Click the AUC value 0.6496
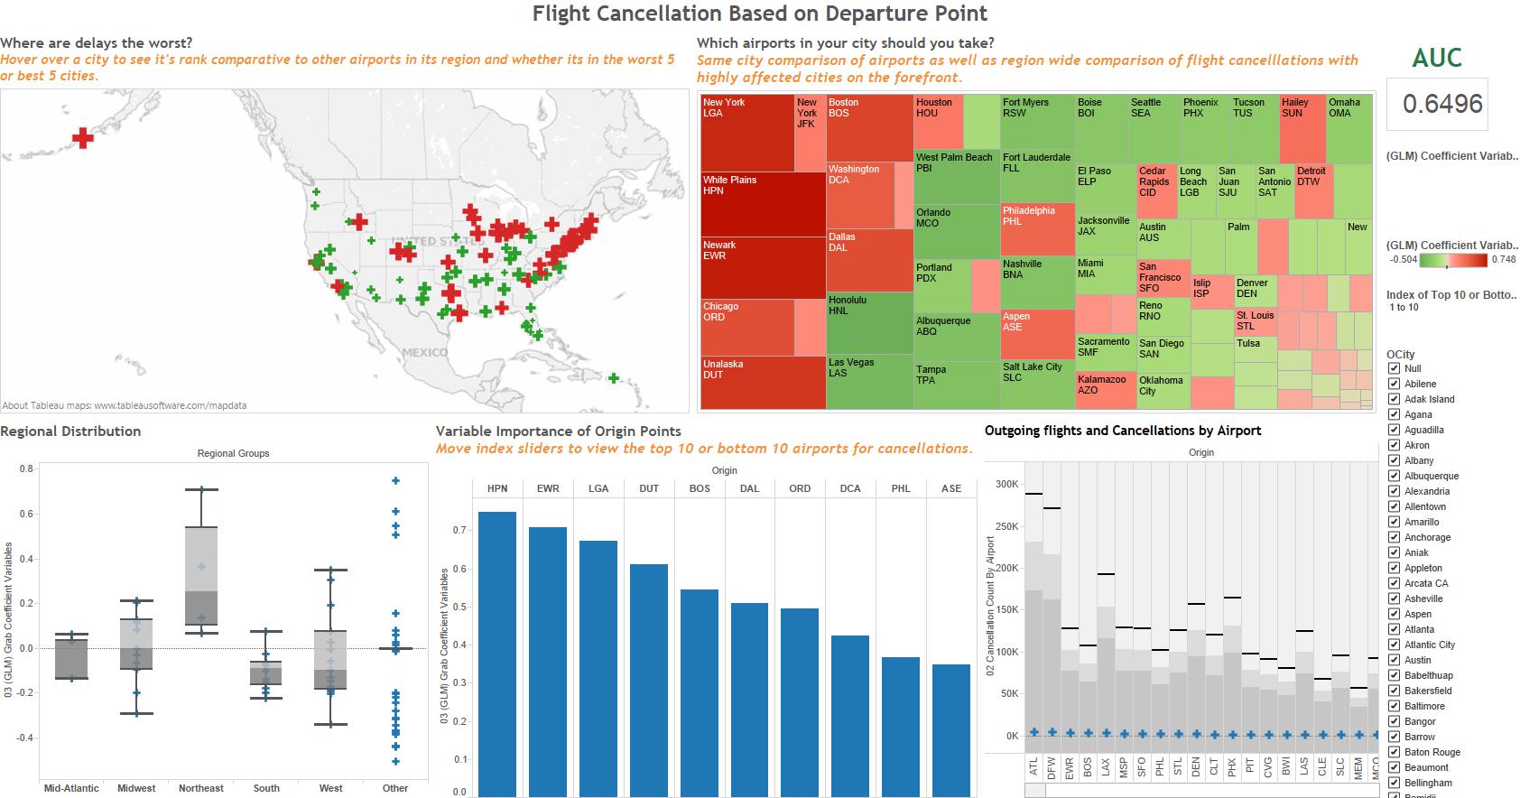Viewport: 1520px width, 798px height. point(1441,104)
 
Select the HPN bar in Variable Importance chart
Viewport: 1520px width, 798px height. point(497,650)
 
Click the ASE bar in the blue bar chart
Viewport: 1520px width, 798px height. point(951,727)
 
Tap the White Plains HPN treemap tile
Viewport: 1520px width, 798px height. point(763,204)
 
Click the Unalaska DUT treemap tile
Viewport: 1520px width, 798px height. point(763,383)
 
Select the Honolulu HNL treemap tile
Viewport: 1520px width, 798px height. point(869,322)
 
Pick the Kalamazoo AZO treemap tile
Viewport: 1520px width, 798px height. point(1105,390)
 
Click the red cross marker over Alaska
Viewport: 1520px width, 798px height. point(83,138)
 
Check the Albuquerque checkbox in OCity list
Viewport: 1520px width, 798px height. point(1395,476)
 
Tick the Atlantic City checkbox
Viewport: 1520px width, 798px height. point(1395,645)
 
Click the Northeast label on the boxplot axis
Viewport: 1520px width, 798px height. point(200,788)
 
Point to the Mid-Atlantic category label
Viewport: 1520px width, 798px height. point(71,788)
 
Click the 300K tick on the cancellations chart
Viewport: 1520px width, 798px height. point(1006,484)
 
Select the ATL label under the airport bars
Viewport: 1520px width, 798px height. point(1033,766)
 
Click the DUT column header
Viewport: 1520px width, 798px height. point(649,488)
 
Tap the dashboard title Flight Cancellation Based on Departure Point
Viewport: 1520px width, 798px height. point(759,14)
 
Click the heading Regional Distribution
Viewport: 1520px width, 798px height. point(70,431)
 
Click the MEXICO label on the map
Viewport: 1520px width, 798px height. point(424,352)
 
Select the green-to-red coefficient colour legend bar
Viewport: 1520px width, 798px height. point(1453,260)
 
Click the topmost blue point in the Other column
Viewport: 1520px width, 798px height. point(395,481)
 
